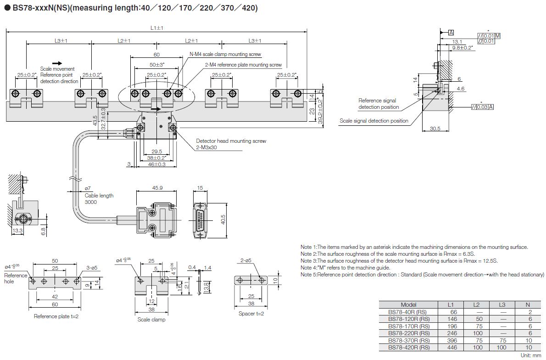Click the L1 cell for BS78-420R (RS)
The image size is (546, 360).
[453, 348]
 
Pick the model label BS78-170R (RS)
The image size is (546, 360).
[408, 326]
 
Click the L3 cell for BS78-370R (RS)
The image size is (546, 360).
[503, 340]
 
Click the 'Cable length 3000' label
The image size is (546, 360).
[99, 198]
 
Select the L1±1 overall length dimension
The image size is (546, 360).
[157, 28]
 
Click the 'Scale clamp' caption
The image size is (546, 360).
[151, 319]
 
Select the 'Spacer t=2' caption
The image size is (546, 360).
[251, 314]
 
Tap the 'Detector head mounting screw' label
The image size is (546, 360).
[231, 141]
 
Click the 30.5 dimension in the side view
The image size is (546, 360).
[435, 129]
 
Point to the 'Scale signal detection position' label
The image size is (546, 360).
[373, 121]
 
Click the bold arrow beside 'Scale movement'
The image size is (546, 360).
[57, 63]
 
